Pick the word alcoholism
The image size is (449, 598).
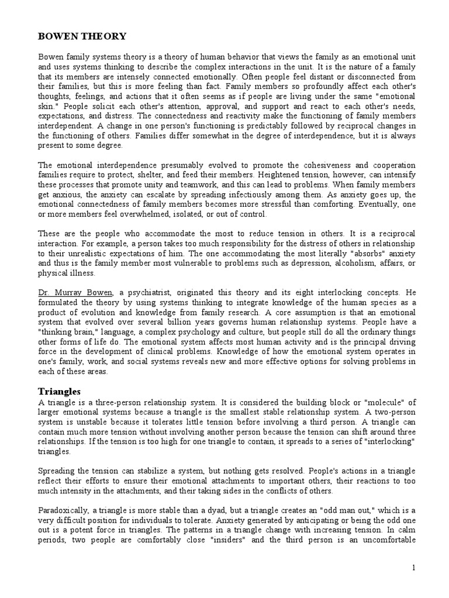[327, 263]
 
